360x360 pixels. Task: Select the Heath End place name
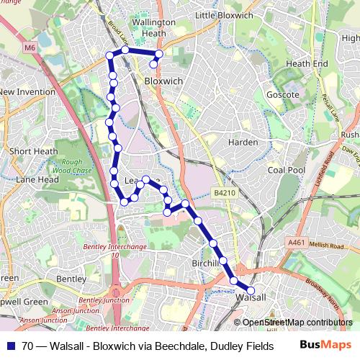307,63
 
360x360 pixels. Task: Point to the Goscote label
283,94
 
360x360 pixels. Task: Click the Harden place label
243,142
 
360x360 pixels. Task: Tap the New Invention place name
28,92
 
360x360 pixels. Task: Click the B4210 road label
225,193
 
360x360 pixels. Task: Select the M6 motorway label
29,48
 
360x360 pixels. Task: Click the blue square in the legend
12,346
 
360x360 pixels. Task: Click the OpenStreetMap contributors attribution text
297,323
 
